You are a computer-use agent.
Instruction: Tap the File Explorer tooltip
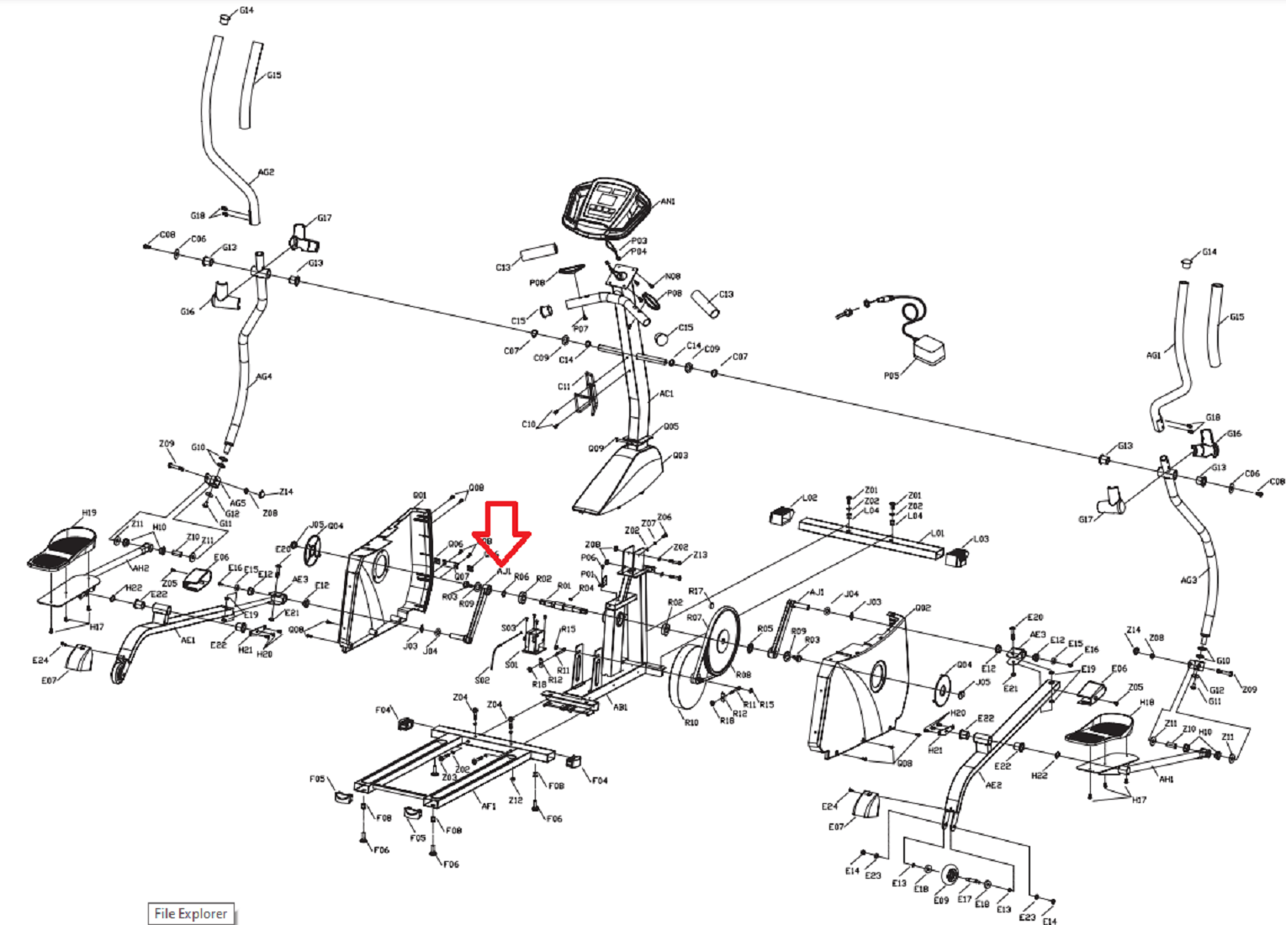tap(191, 913)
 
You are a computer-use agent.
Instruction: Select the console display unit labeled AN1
tap(606, 206)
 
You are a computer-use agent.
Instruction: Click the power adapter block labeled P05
tap(929, 350)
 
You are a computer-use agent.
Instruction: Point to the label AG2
tap(266, 172)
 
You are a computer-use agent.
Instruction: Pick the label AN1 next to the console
tap(668, 202)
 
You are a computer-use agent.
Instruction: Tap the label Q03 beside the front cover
tap(680, 456)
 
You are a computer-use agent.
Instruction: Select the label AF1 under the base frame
tap(489, 806)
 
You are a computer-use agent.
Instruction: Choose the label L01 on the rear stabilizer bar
tap(937, 533)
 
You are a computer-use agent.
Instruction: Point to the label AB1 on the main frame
tap(620, 707)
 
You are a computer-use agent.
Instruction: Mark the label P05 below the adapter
tap(892, 376)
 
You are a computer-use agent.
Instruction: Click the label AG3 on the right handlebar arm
tap(1188, 580)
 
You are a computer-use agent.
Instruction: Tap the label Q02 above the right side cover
tap(923, 608)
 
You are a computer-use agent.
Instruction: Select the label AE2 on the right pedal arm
tap(993, 785)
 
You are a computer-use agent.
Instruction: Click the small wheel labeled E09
tap(950, 875)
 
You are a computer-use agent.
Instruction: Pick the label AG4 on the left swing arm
tap(264, 378)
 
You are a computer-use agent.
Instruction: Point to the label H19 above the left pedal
tap(89, 513)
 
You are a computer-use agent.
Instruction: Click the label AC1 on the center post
tap(666, 394)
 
